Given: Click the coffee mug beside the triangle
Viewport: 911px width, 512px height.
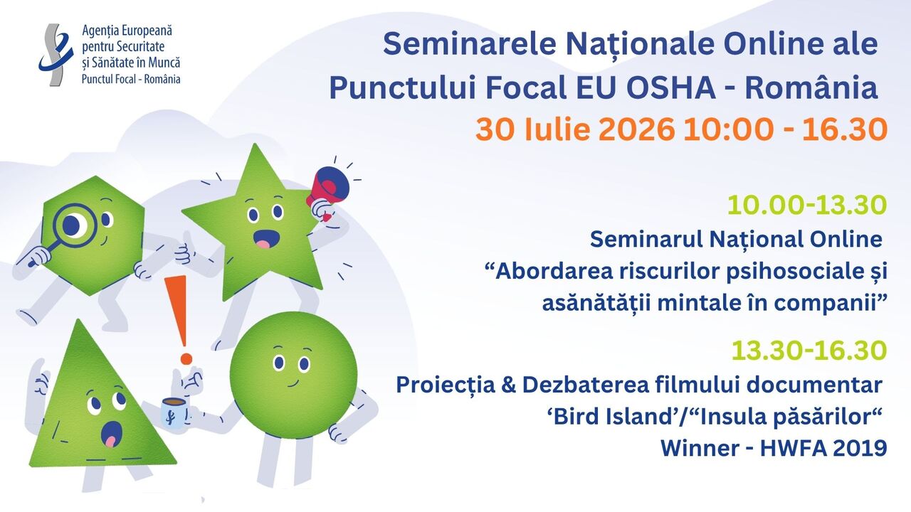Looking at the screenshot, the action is coord(174,412).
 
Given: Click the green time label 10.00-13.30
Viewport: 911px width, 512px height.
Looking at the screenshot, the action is coord(807,205).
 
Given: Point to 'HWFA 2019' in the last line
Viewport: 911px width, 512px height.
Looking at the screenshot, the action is coord(823,448).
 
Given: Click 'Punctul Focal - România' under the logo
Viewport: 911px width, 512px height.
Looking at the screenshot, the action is coord(131,79).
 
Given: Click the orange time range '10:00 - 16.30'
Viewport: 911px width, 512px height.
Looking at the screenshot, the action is coord(785,129).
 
